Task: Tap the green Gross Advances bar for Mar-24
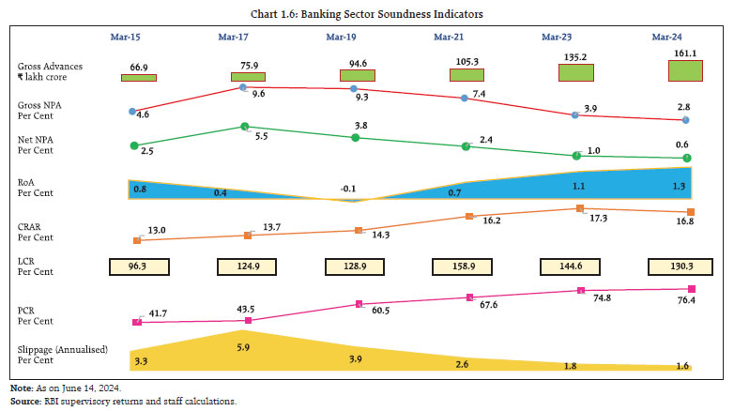coord(669,70)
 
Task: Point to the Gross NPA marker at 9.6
coord(243,87)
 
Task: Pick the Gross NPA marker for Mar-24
coord(686,120)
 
